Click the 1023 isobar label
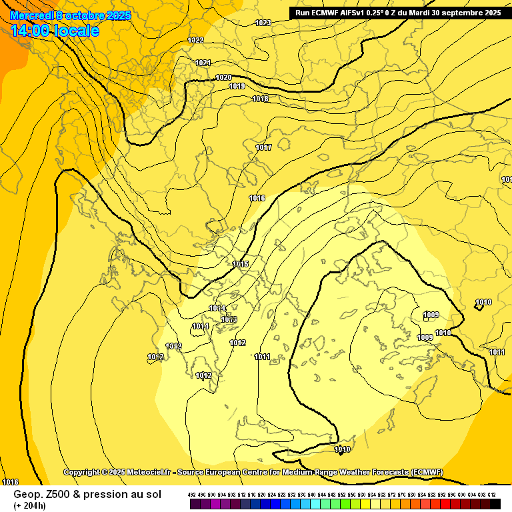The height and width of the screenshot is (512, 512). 263,23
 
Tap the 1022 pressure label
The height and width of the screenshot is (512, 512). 196,41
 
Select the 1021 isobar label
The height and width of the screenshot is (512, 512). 203,63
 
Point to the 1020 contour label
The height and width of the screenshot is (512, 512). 223,78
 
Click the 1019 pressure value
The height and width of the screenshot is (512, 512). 237,87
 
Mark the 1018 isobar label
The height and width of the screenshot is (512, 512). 261,99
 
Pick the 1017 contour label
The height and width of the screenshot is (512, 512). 263,147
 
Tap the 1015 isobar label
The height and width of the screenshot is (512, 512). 241,265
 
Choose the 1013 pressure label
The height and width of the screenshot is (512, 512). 229,320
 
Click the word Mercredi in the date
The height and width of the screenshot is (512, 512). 31,15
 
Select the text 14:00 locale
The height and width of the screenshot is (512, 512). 55,31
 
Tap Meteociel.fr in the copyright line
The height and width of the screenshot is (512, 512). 145,472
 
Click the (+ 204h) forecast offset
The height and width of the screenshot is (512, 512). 30,505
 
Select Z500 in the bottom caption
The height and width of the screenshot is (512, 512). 52,495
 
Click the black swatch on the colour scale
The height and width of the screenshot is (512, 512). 495,504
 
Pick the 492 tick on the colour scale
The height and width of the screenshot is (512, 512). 191,494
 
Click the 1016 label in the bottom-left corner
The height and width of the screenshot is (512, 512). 10,481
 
